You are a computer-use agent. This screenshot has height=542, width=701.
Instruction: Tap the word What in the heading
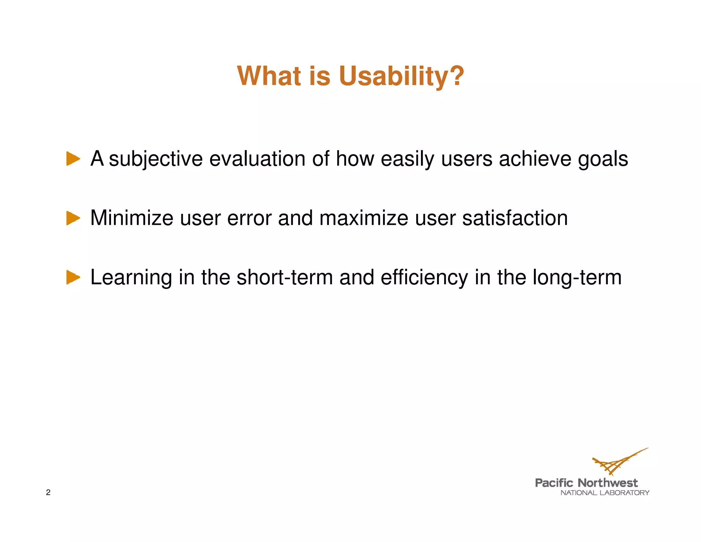(269, 76)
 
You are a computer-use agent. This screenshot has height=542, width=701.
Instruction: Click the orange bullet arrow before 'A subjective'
(73, 159)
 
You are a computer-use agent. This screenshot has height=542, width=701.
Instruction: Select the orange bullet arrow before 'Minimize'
(73, 218)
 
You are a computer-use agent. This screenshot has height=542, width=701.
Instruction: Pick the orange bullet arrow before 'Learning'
(73, 277)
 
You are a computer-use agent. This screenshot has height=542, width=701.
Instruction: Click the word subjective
(156, 159)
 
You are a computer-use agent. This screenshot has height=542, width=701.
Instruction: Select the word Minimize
(132, 218)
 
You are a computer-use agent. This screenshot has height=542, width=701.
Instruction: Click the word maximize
(364, 218)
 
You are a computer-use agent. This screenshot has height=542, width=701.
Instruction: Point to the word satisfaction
(515, 218)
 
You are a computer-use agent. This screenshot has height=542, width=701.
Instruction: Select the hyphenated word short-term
(285, 277)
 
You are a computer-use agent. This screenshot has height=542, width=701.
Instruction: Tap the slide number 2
(48, 492)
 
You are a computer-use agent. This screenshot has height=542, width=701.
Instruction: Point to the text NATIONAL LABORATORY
(604, 493)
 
